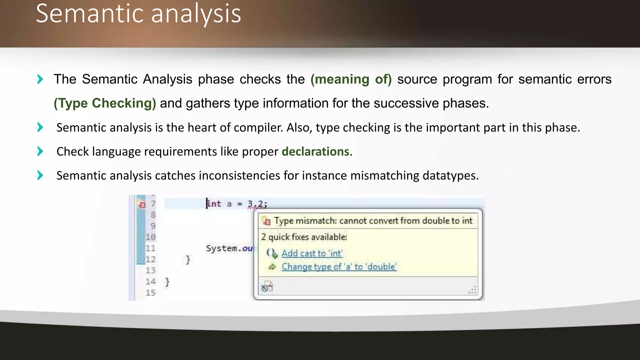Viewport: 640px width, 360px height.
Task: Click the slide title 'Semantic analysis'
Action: click(x=138, y=14)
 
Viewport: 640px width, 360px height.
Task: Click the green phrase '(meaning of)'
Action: click(x=351, y=79)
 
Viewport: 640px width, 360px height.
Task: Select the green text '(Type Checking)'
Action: click(x=105, y=103)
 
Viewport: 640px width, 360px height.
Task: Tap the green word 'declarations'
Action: click(x=315, y=152)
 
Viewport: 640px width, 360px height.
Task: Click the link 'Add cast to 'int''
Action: click(x=312, y=253)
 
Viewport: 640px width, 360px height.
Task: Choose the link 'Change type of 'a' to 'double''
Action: click(x=339, y=267)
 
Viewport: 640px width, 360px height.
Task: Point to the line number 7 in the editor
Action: click(x=153, y=204)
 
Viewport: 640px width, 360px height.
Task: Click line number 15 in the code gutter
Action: click(x=150, y=293)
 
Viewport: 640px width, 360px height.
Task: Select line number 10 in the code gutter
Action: click(x=150, y=237)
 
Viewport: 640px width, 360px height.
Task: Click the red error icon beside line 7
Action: click(x=142, y=205)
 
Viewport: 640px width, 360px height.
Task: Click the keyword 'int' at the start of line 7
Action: click(x=214, y=204)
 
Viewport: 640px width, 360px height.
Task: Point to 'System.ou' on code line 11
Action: click(x=229, y=248)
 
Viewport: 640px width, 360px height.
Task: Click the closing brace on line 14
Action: click(x=167, y=282)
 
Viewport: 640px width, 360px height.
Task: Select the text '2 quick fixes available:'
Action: click(x=304, y=237)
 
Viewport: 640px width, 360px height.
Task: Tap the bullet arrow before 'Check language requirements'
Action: click(x=40, y=151)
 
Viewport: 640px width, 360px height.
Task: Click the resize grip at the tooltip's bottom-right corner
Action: click(x=473, y=290)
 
